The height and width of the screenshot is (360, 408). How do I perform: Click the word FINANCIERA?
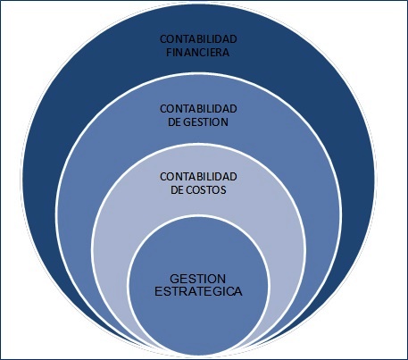(198, 53)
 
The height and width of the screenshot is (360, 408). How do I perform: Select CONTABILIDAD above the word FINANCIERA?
(198, 39)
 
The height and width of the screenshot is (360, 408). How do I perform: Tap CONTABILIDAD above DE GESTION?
(198, 109)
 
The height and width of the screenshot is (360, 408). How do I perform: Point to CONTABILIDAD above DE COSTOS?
(198, 177)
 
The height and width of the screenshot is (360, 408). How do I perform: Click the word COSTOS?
(206, 190)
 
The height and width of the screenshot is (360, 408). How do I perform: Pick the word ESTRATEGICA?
(198, 291)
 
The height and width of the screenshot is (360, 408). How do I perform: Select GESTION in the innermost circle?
(198, 279)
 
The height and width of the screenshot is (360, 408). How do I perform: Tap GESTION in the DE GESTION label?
(205, 122)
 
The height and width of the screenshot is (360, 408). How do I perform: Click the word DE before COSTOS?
(177, 190)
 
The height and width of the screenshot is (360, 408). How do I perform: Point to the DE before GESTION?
(174, 122)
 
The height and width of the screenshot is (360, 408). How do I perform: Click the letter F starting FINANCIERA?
(169, 53)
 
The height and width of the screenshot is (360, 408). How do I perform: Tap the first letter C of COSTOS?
(189, 190)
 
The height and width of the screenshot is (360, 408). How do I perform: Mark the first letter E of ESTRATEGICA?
(158, 291)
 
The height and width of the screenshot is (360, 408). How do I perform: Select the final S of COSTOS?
(223, 190)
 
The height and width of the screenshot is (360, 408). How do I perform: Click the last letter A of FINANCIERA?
(226, 53)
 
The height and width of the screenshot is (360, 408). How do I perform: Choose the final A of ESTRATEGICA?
(238, 291)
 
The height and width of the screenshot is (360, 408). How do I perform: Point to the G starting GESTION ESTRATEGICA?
(174, 279)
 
